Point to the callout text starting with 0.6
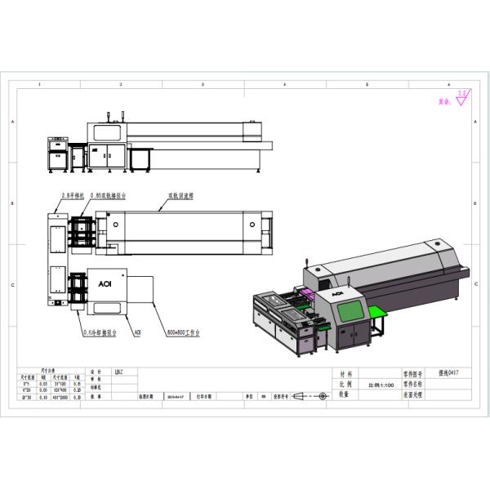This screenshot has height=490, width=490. tap(100, 333)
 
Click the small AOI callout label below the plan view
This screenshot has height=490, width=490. tap(137, 333)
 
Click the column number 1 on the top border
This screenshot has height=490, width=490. tap(40, 84)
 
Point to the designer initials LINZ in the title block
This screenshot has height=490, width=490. tap(118, 371)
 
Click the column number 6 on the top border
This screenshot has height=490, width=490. tap(448, 84)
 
